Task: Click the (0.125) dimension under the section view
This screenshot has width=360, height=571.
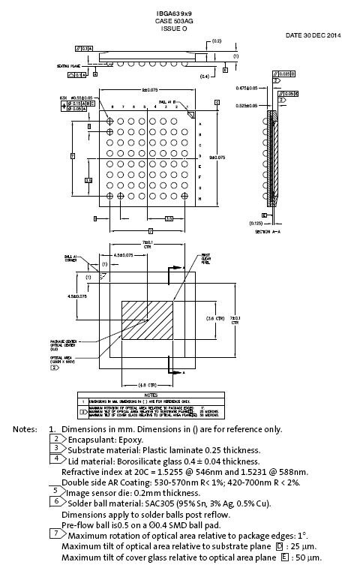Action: pos(256,223)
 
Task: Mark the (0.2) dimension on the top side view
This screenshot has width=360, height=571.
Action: pos(217,41)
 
